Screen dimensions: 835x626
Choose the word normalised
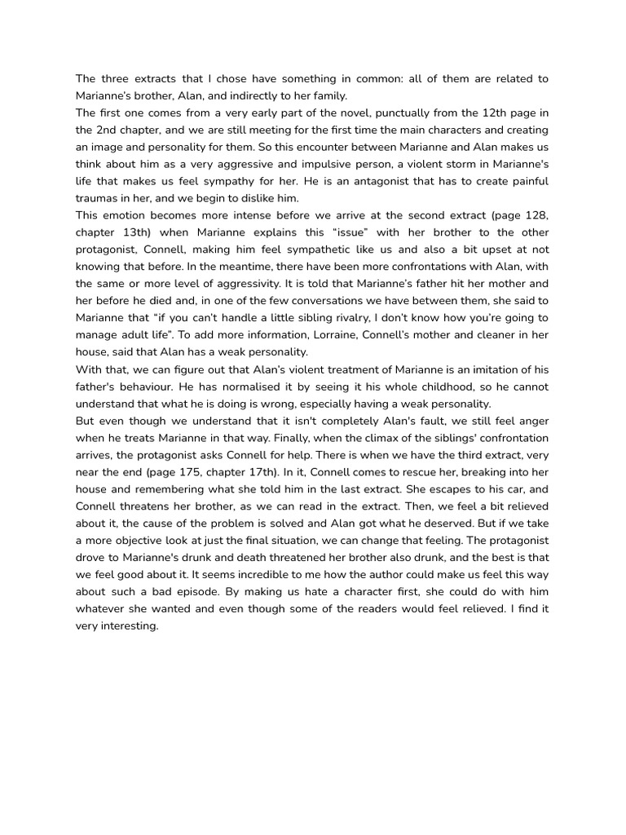(x=197, y=387)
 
